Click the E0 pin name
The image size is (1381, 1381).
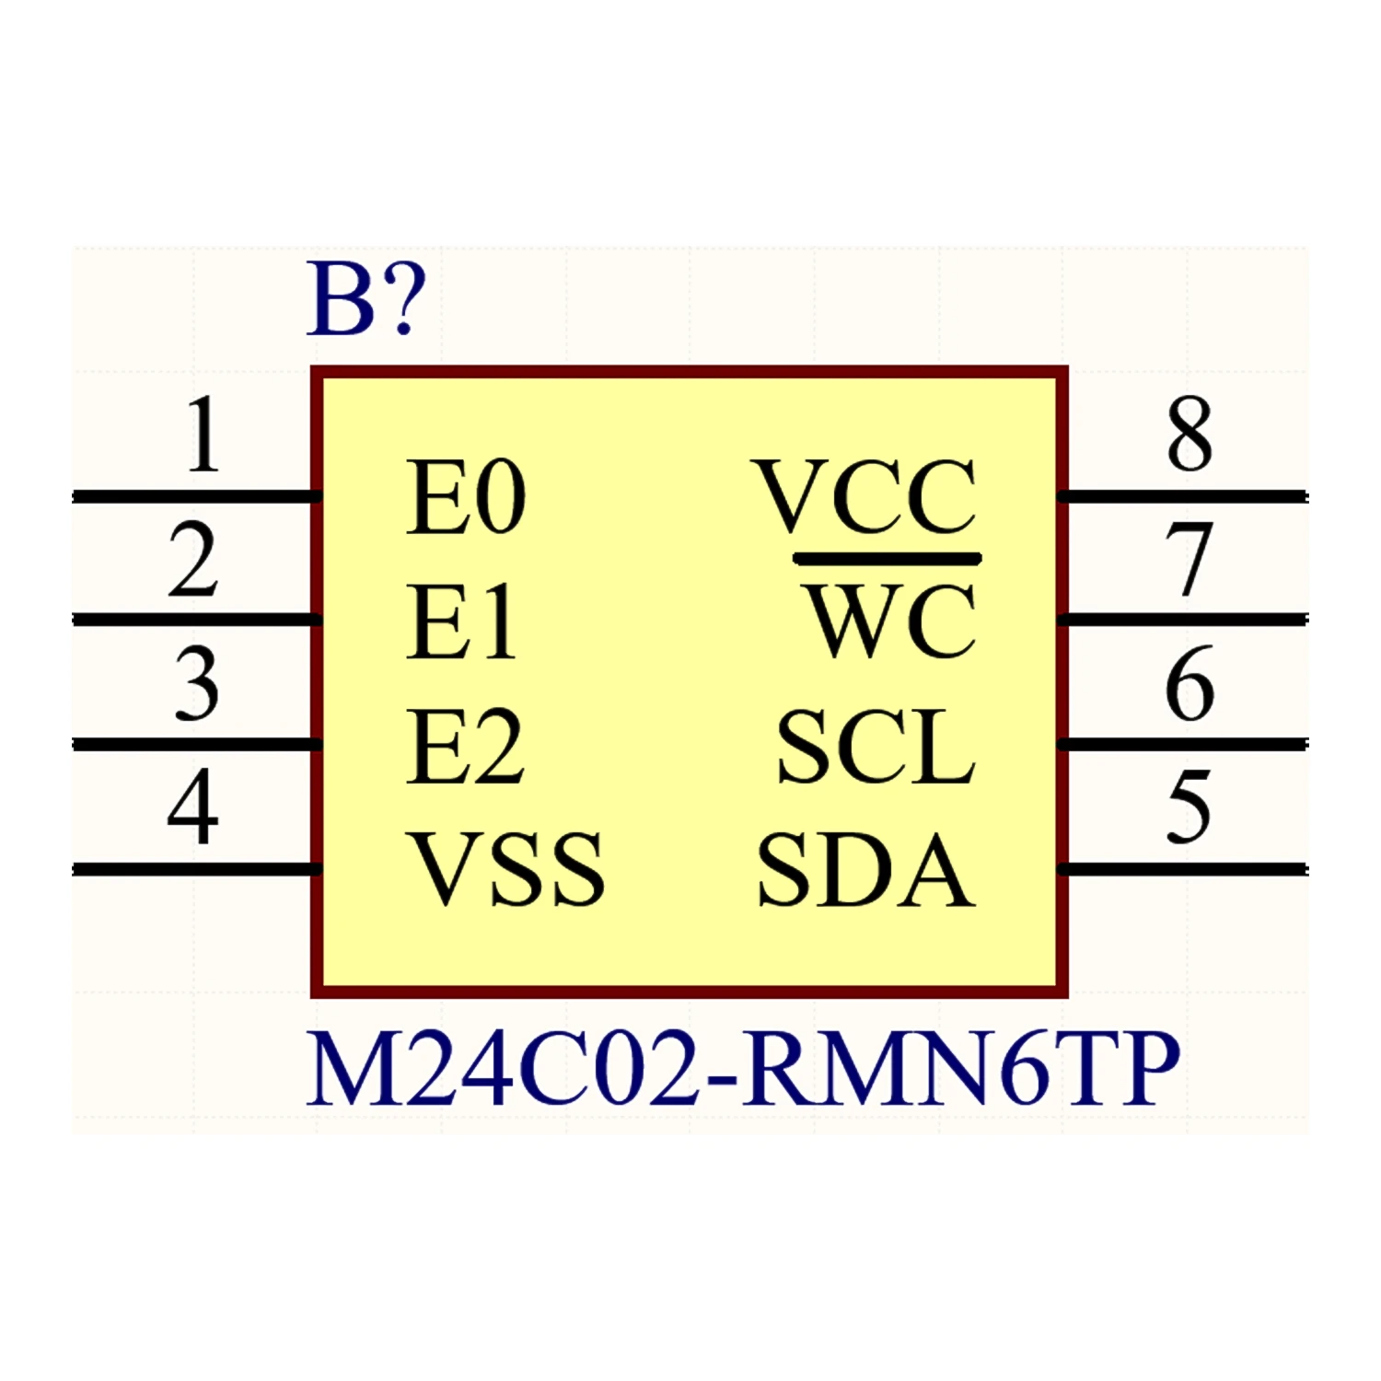pos(466,498)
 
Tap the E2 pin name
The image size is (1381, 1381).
pos(466,747)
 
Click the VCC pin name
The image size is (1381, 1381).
pos(865,498)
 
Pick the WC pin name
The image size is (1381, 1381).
pos(891,623)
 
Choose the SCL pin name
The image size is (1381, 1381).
pos(876,747)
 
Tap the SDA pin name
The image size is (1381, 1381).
pos(865,869)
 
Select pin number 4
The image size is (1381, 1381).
pos(193,807)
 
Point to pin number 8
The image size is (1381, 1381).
pos(1190,435)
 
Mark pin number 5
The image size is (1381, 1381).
pos(1189,807)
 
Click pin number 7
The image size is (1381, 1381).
pos(1189,559)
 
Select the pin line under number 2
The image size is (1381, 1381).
pos(195,620)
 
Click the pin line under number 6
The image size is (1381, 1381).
pos(1183,744)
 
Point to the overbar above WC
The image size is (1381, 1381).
pos(888,558)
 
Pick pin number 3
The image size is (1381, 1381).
pos(197,683)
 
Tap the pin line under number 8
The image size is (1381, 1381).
pos(1183,497)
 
